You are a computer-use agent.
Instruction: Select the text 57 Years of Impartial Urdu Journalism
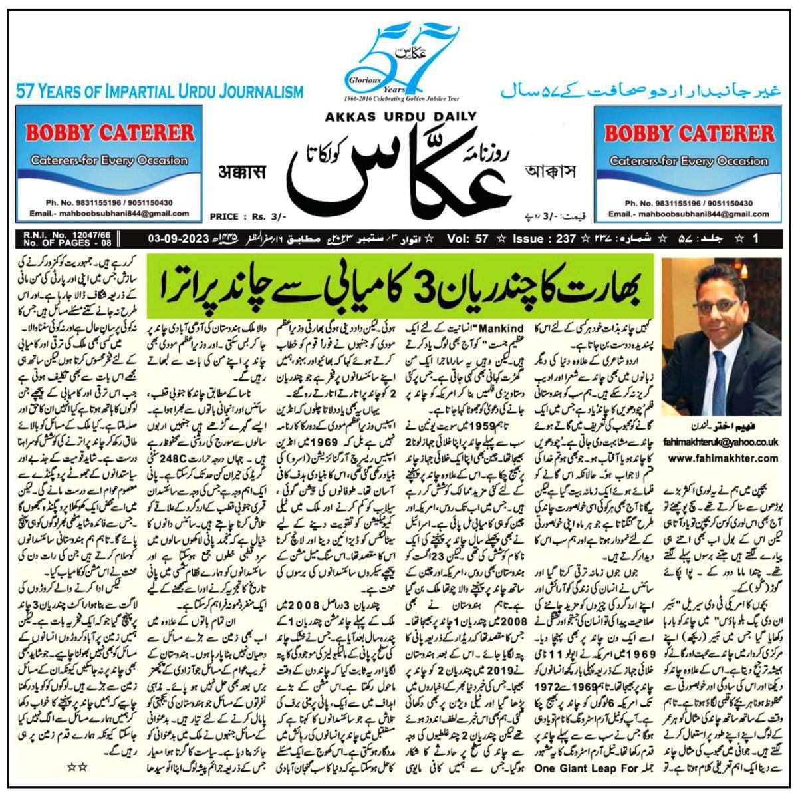[160, 92]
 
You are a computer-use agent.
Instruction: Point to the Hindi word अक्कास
[243, 174]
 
